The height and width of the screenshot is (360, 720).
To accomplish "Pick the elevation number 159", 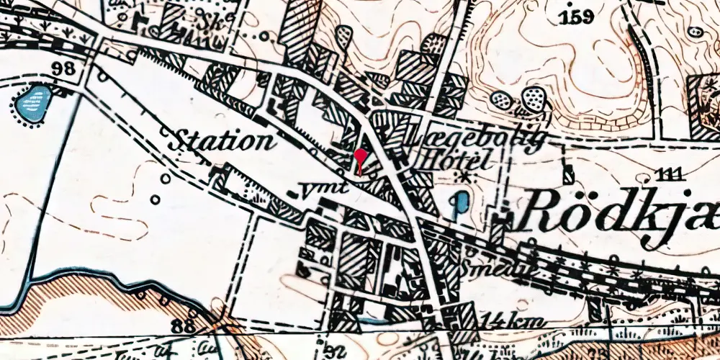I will [580, 16].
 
